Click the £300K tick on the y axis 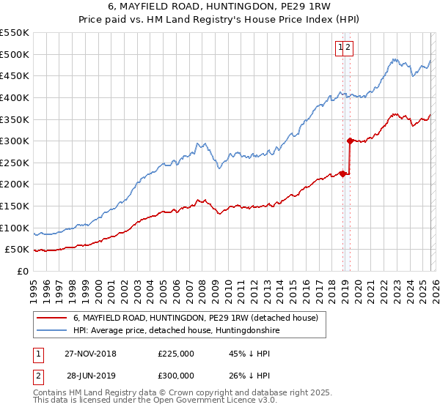point(15,141)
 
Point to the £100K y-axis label point(15,228)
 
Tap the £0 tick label point(21,271)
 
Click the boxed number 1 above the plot point(341,48)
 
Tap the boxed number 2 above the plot point(349,48)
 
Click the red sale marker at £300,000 point(350,141)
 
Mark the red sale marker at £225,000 point(342,174)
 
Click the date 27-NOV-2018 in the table point(91,354)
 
